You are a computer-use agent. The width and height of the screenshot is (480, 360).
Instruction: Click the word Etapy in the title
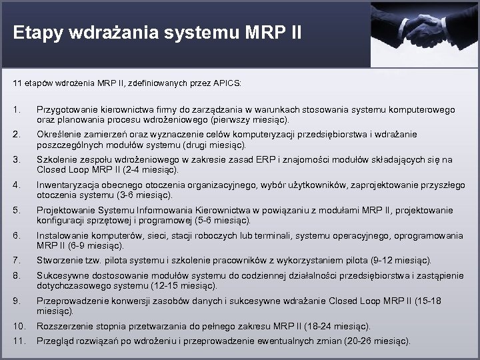pos(37,32)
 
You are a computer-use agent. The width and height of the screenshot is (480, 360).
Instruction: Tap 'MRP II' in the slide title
pos(278,32)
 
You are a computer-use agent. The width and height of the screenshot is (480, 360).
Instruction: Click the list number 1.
pos(17,109)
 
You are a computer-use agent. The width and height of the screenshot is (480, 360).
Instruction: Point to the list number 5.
pos(17,211)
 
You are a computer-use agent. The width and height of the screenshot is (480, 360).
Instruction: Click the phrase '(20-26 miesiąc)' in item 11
pos(376,341)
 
